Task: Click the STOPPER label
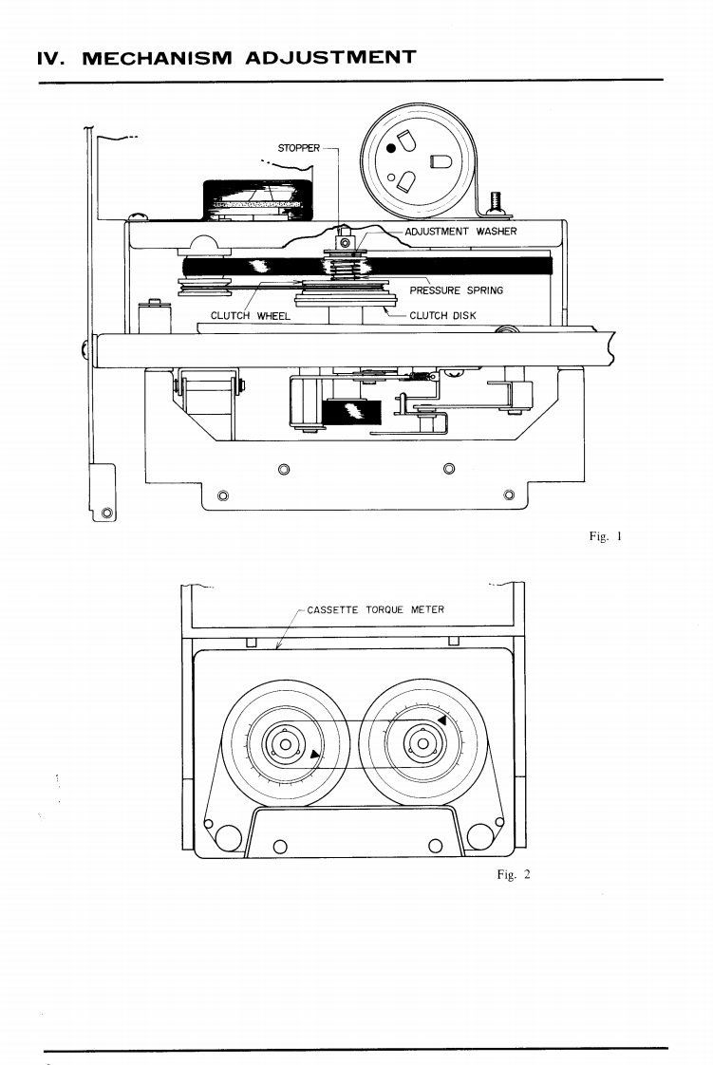[298, 149]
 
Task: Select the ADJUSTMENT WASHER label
[460, 232]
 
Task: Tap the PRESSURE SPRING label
[456, 290]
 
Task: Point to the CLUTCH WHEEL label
[250, 316]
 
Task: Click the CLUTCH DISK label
[442, 316]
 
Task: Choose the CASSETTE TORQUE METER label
[375, 609]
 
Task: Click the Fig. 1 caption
[604, 536]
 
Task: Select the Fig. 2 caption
[513, 874]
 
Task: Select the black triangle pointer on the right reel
[441, 724]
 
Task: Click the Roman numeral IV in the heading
[48, 57]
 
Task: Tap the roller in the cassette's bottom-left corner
[227, 835]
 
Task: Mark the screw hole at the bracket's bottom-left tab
[106, 514]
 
